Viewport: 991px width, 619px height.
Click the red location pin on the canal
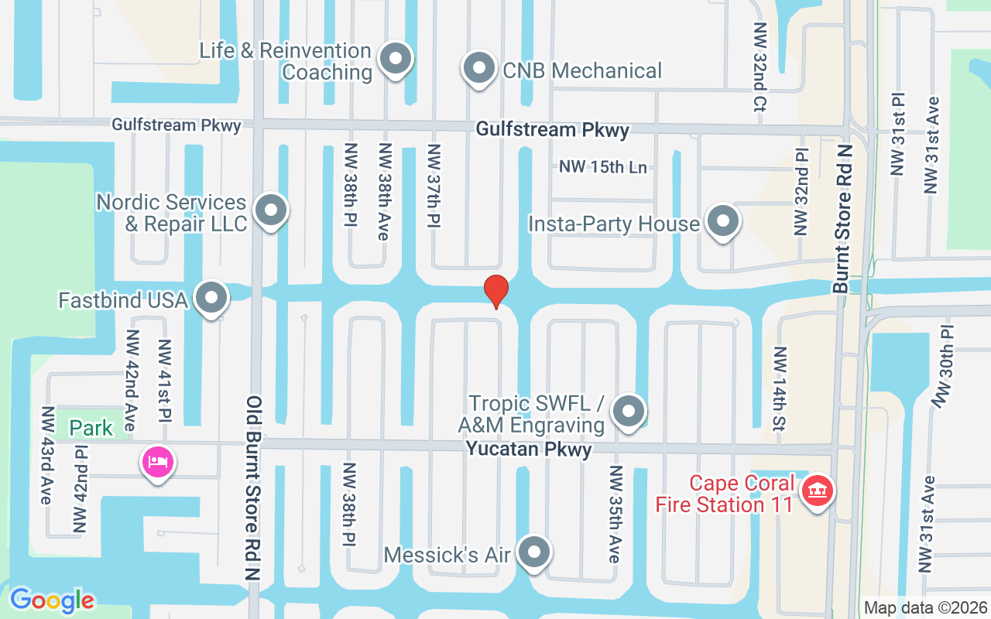495,291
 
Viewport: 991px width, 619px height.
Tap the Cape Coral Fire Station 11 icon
815,491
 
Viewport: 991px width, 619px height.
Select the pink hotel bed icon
158,462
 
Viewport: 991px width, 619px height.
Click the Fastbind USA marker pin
211,298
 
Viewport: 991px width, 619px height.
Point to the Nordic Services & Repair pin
270,209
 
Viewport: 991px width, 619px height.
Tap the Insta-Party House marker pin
723,221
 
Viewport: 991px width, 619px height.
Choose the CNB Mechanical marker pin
478,68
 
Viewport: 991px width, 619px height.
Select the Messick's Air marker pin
533,552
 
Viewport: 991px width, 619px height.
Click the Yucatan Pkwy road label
529,450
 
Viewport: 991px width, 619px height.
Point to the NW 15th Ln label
602,166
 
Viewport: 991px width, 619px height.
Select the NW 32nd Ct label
759,67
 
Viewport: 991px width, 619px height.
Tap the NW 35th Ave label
615,515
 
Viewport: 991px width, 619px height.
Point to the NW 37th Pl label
434,186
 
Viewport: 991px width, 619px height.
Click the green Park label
91,428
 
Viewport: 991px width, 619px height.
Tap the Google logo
52,600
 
